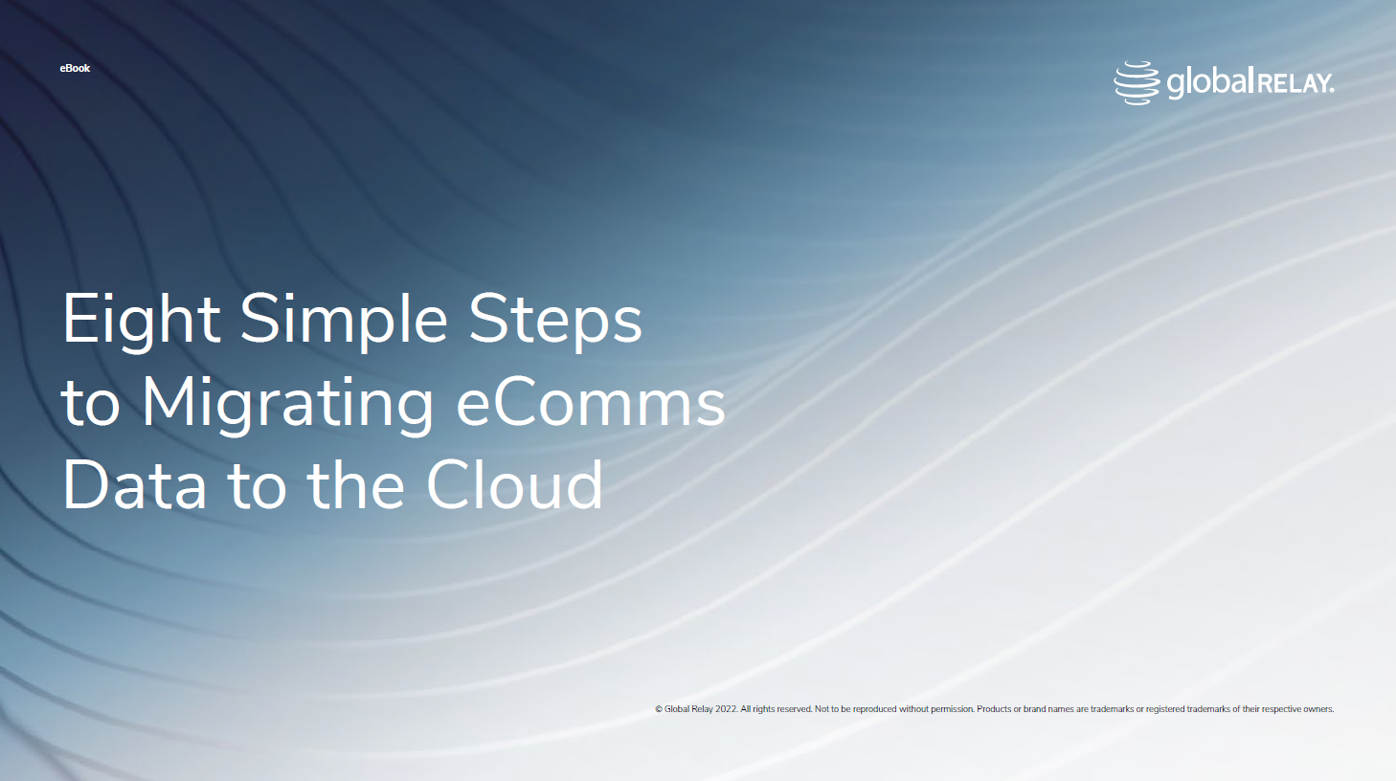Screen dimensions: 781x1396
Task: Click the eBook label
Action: click(x=75, y=68)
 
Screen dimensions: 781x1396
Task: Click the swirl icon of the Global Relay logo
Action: click(x=1137, y=83)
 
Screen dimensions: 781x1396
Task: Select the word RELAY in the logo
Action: click(x=1295, y=84)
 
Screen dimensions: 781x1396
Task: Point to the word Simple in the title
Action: click(x=344, y=320)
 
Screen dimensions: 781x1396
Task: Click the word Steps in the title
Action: click(x=555, y=320)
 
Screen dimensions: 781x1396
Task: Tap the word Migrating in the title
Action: click(x=287, y=403)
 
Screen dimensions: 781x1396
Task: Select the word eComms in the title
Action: click(x=590, y=403)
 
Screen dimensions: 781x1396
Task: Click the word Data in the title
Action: click(x=134, y=485)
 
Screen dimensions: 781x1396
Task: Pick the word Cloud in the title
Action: click(x=514, y=485)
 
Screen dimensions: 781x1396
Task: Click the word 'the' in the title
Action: click(x=356, y=485)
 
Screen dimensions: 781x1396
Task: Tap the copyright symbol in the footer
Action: click(x=659, y=709)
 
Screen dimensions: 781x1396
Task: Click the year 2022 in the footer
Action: click(x=727, y=709)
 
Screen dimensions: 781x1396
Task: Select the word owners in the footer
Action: click(x=1317, y=709)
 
